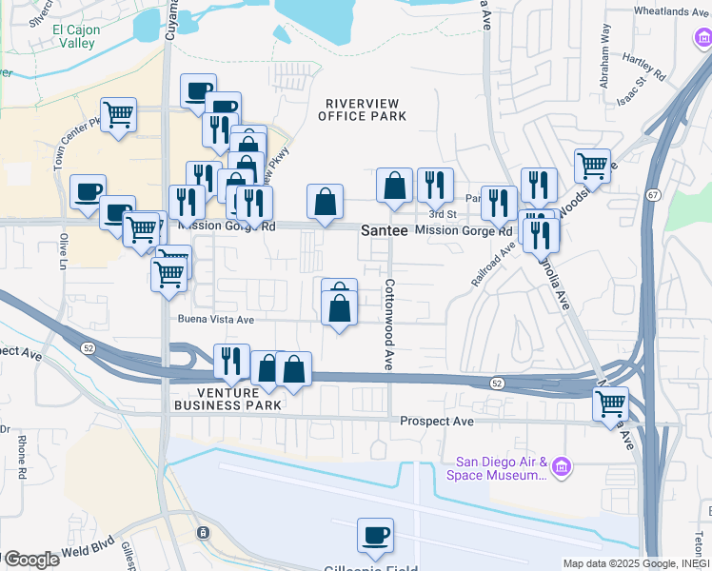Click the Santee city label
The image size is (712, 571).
pyautogui.click(x=385, y=231)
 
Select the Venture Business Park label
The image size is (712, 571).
pyautogui.click(x=227, y=399)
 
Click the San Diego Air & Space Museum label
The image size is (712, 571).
pyautogui.click(x=497, y=469)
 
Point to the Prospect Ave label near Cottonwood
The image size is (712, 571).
pyautogui.click(x=437, y=421)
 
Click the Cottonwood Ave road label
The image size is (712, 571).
pyautogui.click(x=388, y=324)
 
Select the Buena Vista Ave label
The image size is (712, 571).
pyautogui.click(x=214, y=320)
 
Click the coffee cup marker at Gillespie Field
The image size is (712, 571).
pyautogui.click(x=374, y=534)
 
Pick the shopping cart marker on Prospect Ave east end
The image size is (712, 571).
pyautogui.click(x=610, y=403)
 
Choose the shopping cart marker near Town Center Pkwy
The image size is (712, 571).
pyautogui.click(x=118, y=115)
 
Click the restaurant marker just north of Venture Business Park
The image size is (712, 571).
pyautogui.click(x=231, y=360)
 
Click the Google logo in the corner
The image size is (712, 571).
pyautogui.click(x=31, y=560)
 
